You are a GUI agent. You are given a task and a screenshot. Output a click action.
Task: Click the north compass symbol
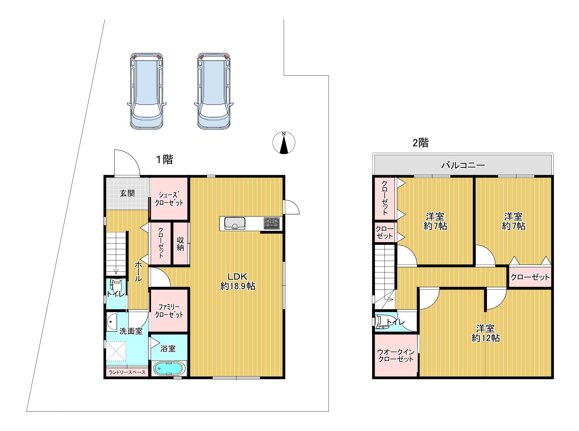[284, 143]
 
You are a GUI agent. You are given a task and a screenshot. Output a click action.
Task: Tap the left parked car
[147, 91]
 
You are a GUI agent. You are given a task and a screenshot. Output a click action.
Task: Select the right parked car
[214, 91]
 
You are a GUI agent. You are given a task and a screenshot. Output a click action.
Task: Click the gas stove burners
[272, 223]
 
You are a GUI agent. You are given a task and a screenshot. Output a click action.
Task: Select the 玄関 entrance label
[127, 193]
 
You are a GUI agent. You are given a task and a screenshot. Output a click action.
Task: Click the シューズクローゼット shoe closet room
[169, 198]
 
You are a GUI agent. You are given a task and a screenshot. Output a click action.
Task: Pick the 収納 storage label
[180, 244]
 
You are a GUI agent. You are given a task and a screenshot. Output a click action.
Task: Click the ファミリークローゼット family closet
[169, 311]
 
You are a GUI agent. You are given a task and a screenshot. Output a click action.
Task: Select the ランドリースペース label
[127, 372]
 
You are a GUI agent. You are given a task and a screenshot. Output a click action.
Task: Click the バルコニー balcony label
[463, 165]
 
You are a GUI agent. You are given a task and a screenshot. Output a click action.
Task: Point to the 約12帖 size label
[486, 338]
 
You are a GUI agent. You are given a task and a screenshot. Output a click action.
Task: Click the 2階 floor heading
[421, 143]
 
